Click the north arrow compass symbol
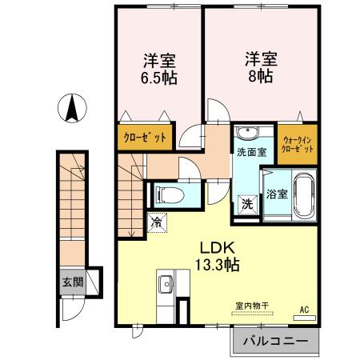click(x=72, y=107)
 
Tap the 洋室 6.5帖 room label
click(x=160, y=70)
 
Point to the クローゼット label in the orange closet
click(x=145, y=138)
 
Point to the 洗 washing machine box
click(x=247, y=204)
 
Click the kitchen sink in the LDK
click(x=166, y=284)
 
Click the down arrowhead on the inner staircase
click(x=130, y=233)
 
